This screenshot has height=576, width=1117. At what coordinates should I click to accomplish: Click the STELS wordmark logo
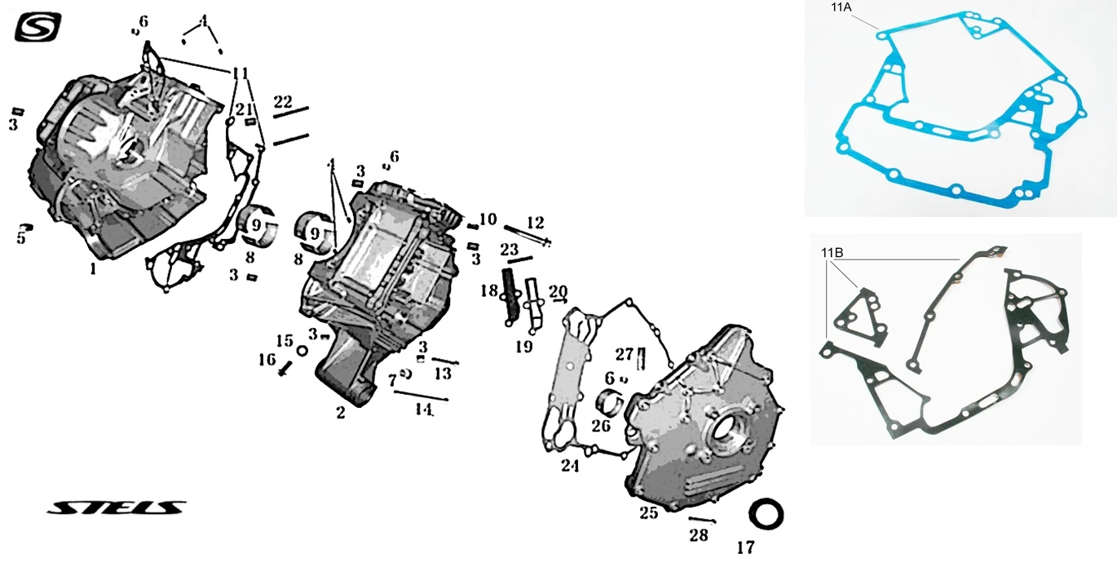pos(116,508)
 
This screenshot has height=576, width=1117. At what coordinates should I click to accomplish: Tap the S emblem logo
pos(38,29)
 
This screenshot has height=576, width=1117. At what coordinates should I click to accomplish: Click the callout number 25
pos(648,512)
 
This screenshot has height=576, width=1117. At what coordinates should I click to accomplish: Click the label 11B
pos(832,251)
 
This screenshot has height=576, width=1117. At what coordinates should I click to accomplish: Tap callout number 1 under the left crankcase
pos(93,268)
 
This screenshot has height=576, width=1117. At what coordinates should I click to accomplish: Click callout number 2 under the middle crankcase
pos(340,413)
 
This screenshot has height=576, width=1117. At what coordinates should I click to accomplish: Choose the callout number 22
pos(282,101)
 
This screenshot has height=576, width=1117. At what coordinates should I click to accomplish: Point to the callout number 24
pos(569,466)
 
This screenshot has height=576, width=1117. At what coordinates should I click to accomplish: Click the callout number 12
pos(535,222)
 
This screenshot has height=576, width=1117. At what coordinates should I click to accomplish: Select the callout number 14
pos(422,410)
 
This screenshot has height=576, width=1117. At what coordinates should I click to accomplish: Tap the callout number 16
pos(267,359)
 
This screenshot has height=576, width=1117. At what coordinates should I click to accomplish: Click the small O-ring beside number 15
pos(301,351)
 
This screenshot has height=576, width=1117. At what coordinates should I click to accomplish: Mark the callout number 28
pos(699,535)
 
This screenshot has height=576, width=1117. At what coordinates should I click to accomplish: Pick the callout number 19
pos(523,347)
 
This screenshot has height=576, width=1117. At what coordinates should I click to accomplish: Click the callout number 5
pos(20,238)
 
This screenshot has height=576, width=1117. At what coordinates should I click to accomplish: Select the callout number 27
pos(624,353)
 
